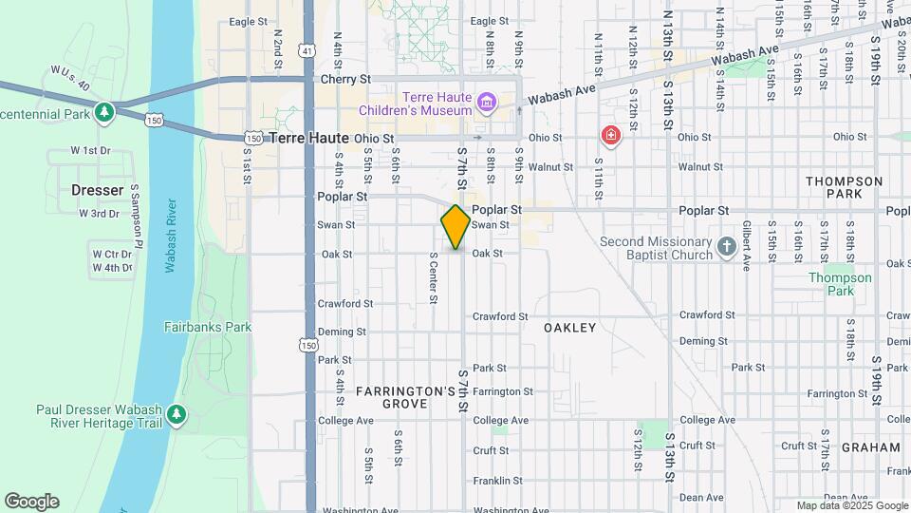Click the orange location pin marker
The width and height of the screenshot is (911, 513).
pyautogui.click(x=455, y=227)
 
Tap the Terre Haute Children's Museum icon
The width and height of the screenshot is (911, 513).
pyautogui.click(x=487, y=102)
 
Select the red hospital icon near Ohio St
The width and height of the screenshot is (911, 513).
pyautogui.click(x=610, y=136)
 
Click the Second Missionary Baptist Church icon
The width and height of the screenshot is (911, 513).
pyautogui.click(x=727, y=247)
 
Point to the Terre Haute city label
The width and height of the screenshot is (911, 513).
pyautogui.click(x=309, y=138)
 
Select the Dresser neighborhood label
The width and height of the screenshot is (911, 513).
pyautogui.click(x=98, y=190)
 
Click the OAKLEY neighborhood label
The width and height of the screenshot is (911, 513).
pyautogui.click(x=570, y=328)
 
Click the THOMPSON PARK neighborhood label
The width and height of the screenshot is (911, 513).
pyautogui.click(x=844, y=187)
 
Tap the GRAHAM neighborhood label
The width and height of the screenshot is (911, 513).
pyautogui.click(x=869, y=446)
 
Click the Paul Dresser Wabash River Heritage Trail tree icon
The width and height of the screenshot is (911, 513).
pyautogui.click(x=177, y=415)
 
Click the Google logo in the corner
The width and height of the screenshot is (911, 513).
pyautogui.click(x=31, y=502)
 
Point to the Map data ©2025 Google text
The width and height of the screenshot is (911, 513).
pyautogui.click(x=851, y=505)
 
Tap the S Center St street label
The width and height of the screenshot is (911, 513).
pyautogui.click(x=433, y=277)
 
